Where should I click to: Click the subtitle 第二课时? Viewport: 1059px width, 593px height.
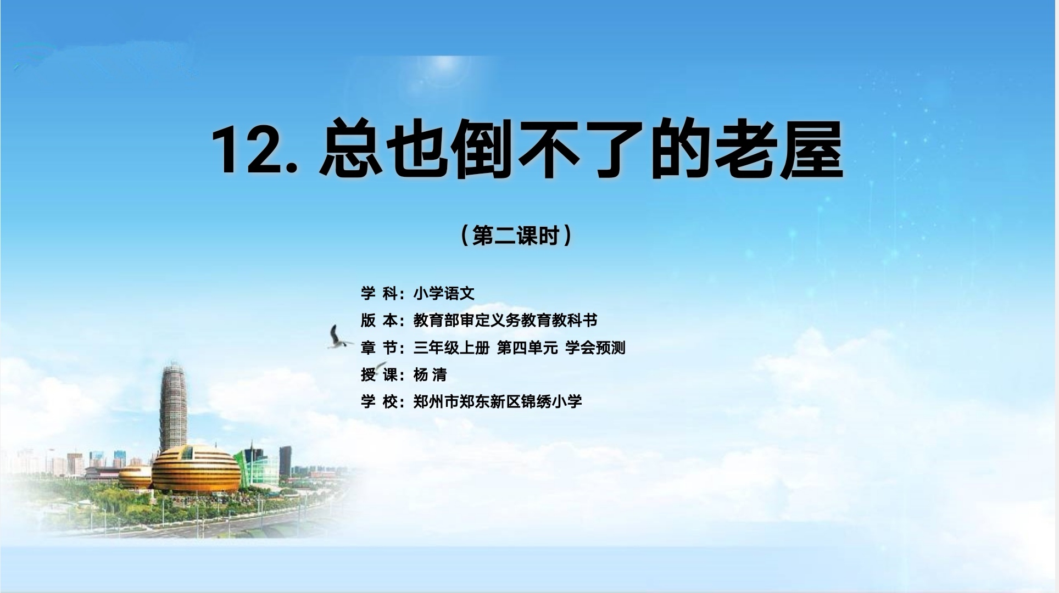pyautogui.click(x=516, y=236)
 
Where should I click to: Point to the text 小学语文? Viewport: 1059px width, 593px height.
pyautogui.click(x=444, y=293)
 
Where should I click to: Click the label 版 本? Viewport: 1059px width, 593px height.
pyautogui.click(x=379, y=320)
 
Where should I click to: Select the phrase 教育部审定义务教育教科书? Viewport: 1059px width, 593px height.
pyautogui.click(x=505, y=320)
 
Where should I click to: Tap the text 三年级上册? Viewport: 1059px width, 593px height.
pyautogui.click(x=452, y=348)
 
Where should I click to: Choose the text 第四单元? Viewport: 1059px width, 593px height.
pyautogui.click(x=527, y=348)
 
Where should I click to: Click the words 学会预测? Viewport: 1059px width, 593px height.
pyautogui.click(x=595, y=348)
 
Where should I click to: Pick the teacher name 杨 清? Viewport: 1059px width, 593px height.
pyautogui.click(x=430, y=374)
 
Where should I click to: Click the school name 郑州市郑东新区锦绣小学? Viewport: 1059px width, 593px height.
pyautogui.click(x=498, y=401)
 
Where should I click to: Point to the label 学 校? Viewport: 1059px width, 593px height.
pyautogui.click(x=379, y=401)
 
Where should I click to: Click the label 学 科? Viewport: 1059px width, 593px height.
pyautogui.click(x=379, y=293)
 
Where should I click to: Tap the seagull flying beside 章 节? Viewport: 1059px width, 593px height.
pyautogui.click(x=338, y=337)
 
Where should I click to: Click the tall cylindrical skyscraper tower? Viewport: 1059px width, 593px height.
pyautogui.click(x=173, y=407)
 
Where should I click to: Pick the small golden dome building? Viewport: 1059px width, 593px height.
pyautogui.click(x=135, y=477)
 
